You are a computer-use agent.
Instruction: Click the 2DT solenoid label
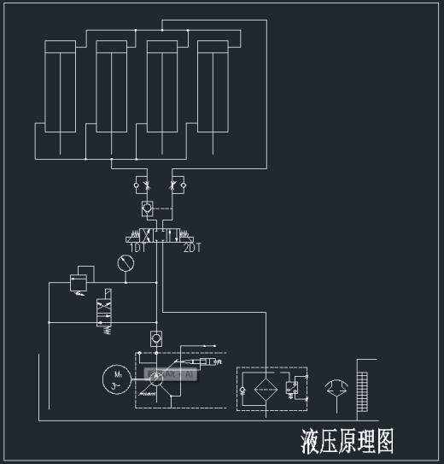tap(193, 248)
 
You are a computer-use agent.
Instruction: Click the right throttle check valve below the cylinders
tap(178, 184)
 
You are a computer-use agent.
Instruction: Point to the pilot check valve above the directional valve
tap(147, 207)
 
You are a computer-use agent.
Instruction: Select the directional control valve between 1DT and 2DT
tap(159, 235)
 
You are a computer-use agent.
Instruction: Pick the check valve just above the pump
tap(155, 338)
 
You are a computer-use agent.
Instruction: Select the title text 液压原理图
tap(347, 441)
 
